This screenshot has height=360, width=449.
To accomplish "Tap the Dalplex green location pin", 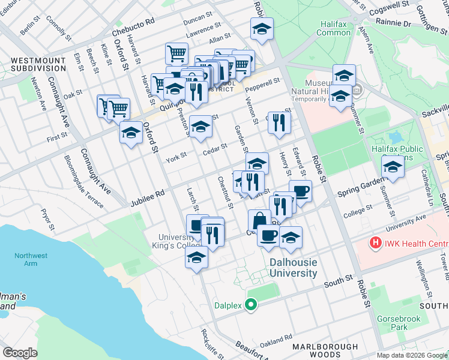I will [x=252, y=305].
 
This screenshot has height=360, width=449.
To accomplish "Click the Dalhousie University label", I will [x=293, y=268].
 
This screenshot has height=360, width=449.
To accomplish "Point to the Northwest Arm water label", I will [x=25, y=259].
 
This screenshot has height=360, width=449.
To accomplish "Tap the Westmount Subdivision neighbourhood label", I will [x=38, y=65].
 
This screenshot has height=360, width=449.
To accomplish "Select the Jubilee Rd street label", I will [x=147, y=199].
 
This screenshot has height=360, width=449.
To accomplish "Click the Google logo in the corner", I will [x=20, y=352].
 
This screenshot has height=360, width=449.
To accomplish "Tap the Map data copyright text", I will [x=412, y=355].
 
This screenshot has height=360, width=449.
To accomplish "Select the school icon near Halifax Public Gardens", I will [x=392, y=166].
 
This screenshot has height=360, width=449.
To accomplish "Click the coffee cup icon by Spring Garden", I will [x=300, y=191].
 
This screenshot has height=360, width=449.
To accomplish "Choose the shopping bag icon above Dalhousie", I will [x=259, y=220].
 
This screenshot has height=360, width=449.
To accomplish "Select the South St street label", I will [x=339, y=281].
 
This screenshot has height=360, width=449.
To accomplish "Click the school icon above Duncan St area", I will [x=262, y=29].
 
